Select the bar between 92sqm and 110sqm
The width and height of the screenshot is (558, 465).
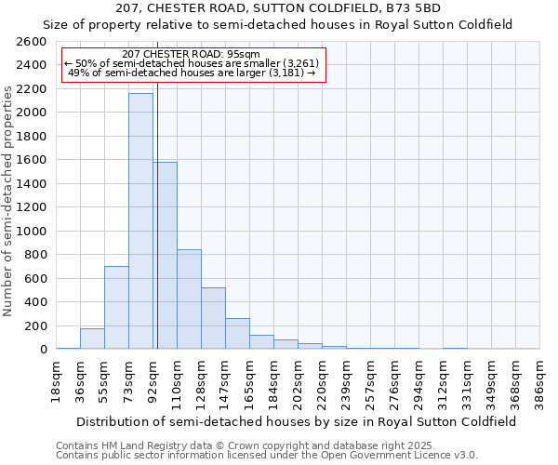[x=165, y=256]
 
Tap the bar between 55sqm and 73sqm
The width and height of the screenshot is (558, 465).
[x=116, y=308]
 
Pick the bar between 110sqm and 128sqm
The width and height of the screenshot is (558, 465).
[x=189, y=299]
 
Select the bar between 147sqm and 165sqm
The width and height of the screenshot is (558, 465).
[x=237, y=334]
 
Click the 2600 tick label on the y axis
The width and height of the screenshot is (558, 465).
[x=32, y=42]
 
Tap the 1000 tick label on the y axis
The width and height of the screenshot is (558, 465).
[x=32, y=231]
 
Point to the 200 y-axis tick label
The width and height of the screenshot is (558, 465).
[x=35, y=325]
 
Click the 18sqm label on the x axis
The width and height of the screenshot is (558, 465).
[x=57, y=382]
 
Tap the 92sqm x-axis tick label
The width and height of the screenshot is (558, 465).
[x=153, y=382]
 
